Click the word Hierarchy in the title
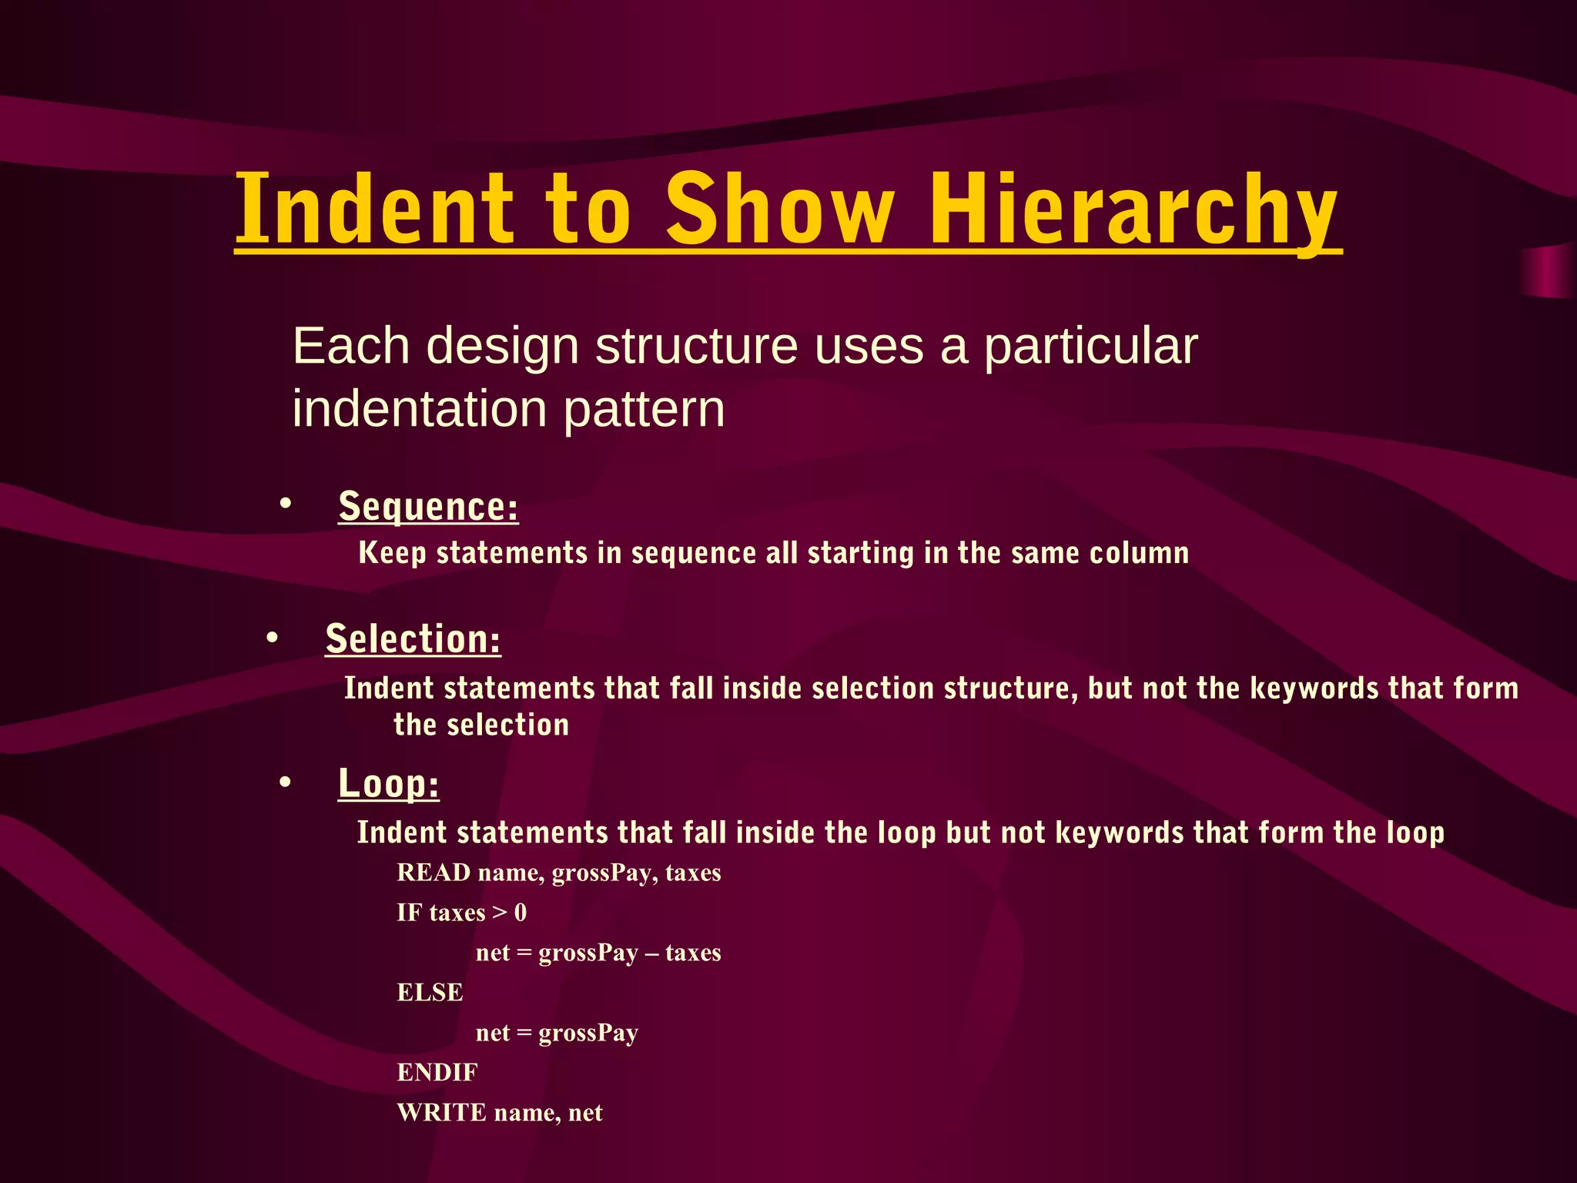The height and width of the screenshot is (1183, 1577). [x=1133, y=209]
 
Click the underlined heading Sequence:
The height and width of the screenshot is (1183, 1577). [x=428, y=507]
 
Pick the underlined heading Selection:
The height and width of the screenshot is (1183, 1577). [x=413, y=639]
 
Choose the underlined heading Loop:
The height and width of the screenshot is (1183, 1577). [x=388, y=784]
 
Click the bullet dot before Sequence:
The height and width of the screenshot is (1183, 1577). [x=286, y=504]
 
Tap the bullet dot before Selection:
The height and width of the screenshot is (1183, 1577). [x=272, y=638]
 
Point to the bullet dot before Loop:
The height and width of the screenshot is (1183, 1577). [x=286, y=783]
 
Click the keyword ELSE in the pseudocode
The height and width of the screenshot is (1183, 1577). [x=430, y=993]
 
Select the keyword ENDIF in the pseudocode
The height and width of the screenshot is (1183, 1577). [x=437, y=1072]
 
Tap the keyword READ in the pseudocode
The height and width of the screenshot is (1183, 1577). [x=433, y=873]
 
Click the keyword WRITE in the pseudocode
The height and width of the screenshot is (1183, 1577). [x=441, y=1113]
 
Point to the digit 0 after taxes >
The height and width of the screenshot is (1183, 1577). [x=521, y=913]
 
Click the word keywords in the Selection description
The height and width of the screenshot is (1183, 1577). [x=1314, y=689]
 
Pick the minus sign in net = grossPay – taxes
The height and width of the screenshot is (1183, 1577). [x=651, y=953]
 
